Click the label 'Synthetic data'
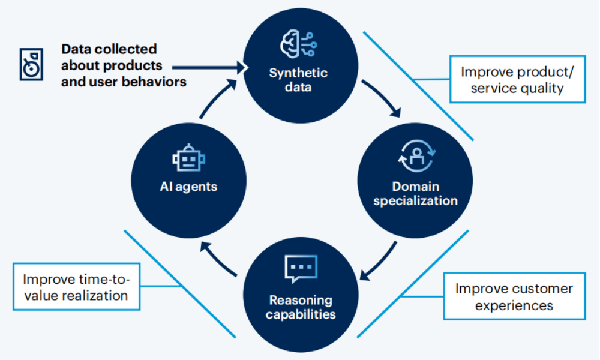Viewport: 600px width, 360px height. (298, 80)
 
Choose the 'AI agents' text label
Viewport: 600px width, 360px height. (188, 187)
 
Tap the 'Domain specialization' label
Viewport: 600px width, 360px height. (415, 193)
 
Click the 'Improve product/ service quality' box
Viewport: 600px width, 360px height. (517, 80)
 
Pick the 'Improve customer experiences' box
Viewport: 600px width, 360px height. (514, 296)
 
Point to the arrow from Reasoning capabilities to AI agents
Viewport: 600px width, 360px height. (220, 260)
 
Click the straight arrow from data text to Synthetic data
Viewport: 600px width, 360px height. (210, 67)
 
